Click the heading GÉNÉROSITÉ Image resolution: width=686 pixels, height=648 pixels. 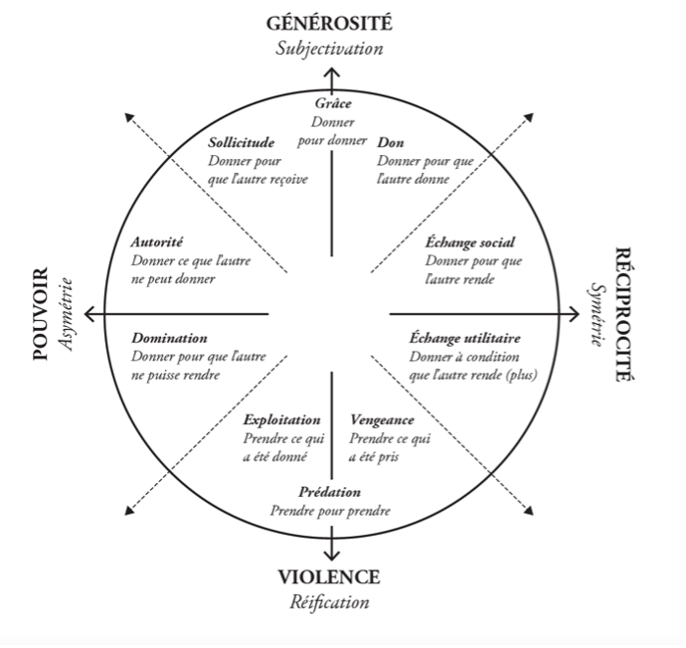coord(336,24)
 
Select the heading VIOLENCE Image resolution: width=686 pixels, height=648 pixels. coord(328,577)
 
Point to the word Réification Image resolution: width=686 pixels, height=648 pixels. coord(329,602)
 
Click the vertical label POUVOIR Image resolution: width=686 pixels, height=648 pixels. coord(40,314)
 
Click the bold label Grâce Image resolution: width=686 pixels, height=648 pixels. coord(333,105)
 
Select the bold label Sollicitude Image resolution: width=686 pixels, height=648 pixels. coord(240,143)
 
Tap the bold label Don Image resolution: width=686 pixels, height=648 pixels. coord(390,143)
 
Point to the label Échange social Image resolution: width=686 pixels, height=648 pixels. coord(470,243)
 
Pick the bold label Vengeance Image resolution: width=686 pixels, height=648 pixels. coord(381,420)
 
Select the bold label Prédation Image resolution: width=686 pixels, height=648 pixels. coord(331,492)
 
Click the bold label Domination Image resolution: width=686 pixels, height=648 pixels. coord(169,339)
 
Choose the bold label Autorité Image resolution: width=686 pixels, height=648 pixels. coord(157,243)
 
